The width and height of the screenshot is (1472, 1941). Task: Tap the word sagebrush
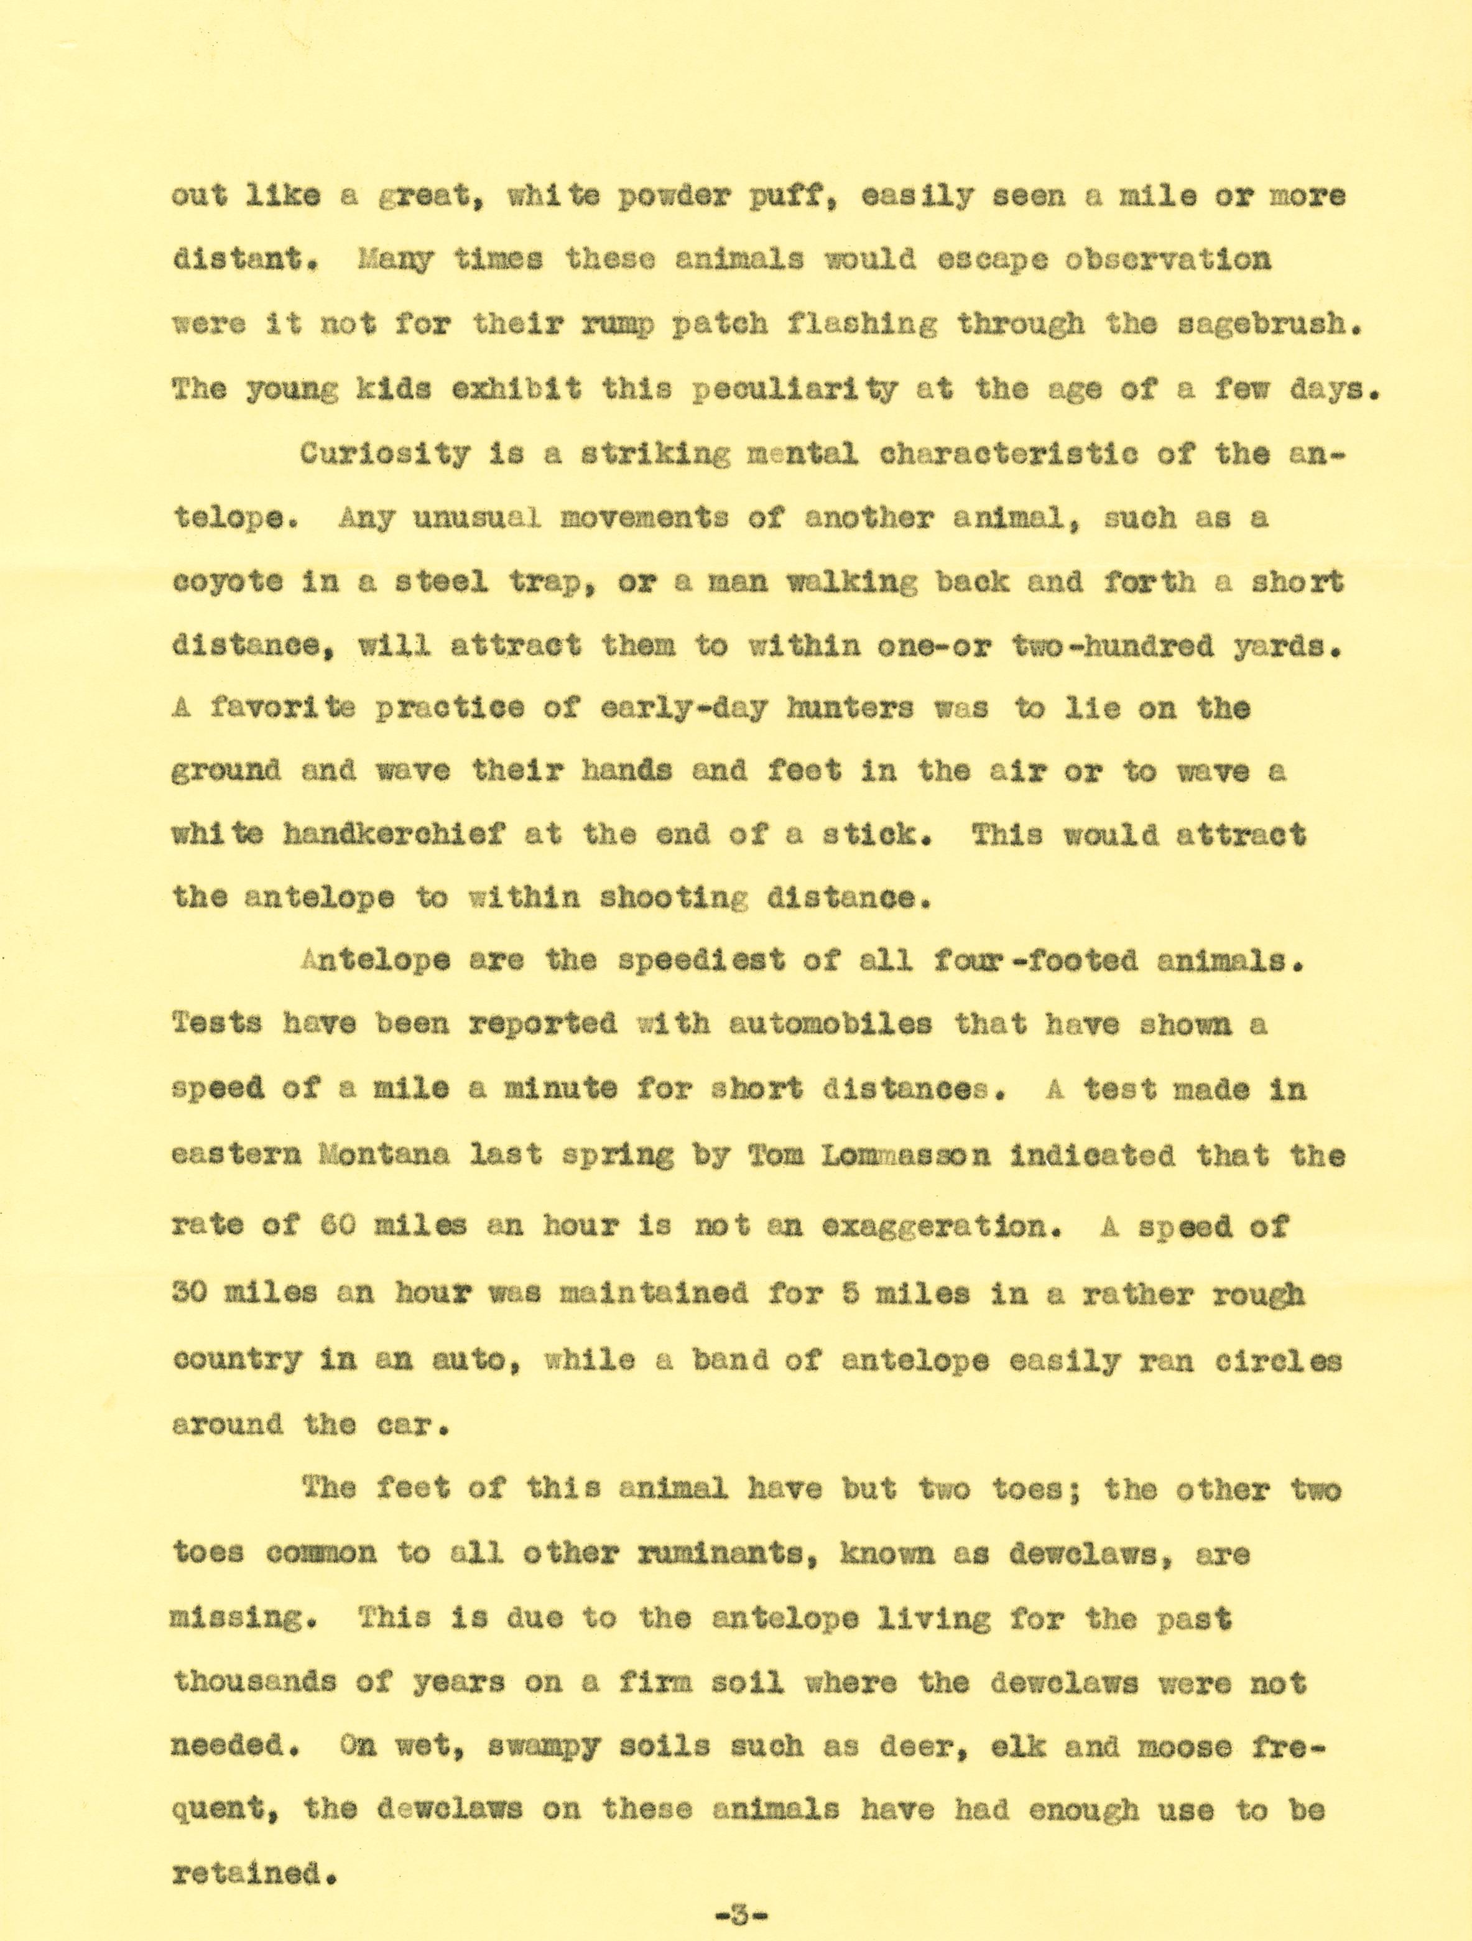[1269, 325]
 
